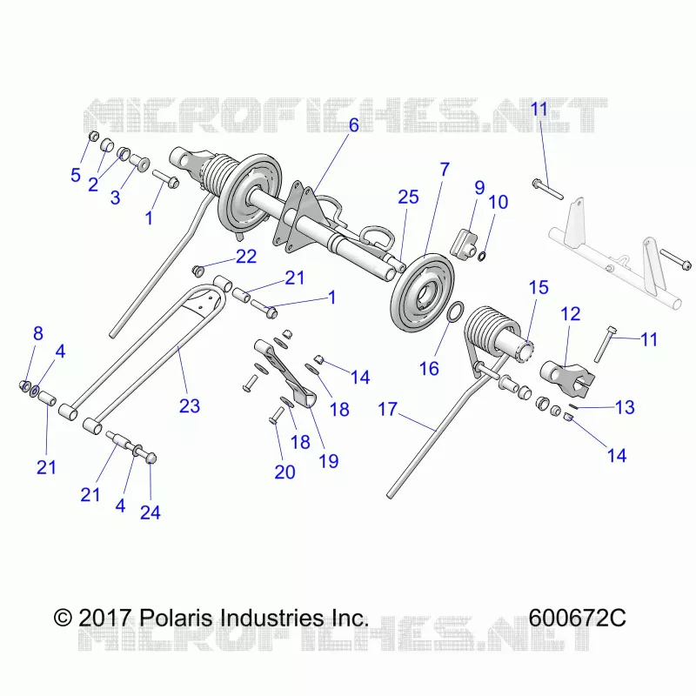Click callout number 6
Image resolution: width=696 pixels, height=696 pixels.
(354, 125)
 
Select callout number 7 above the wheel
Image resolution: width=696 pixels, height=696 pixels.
(445, 170)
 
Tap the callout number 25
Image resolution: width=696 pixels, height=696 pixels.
(408, 197)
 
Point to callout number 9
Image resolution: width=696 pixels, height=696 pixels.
(479, 188)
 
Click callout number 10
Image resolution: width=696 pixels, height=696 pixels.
(498, 203)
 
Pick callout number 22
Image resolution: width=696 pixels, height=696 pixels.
(246, 257)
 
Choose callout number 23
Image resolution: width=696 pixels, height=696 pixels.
(190, 405)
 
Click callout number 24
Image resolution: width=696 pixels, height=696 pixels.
(151, 512)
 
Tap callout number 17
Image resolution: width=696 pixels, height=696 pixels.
(387, 409)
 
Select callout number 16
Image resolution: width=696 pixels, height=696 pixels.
(429, 369)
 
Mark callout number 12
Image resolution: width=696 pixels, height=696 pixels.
(571, 314)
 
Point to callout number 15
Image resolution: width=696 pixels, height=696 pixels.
(539, 288)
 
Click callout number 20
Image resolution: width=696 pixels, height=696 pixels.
(285, 472)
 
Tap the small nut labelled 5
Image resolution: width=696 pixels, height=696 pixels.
(94, 136)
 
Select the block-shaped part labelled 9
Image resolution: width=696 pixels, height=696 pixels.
(464, 244)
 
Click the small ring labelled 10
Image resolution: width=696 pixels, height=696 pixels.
(483, 256)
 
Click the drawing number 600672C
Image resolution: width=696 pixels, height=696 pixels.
(577, 618)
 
